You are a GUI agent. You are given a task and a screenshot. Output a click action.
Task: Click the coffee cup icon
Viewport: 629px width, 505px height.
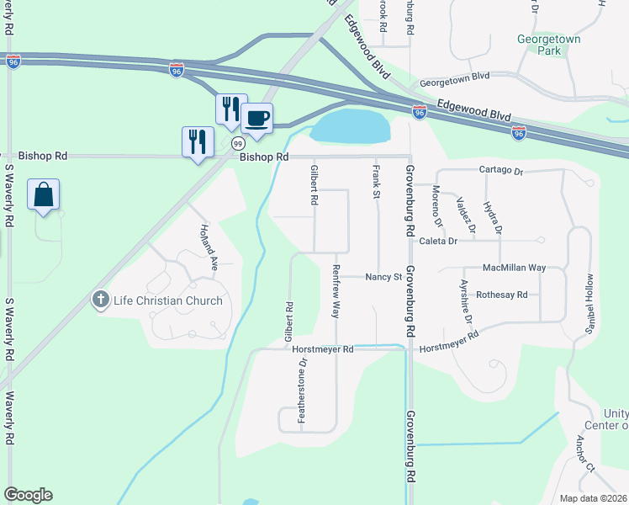[x=257, y=118]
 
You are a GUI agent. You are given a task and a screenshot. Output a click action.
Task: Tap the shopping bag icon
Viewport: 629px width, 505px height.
[x=43, y=194]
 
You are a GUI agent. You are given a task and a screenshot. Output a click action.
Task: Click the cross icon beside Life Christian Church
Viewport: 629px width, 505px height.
[x=100, y=300]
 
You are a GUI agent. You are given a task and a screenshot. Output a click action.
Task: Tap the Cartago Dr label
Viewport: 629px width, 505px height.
[x=501, y=171]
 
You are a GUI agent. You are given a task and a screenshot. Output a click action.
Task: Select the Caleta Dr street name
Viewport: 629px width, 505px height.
[x=441, y=241]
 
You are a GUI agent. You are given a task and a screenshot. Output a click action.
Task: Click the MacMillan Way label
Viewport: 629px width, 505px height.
[x=515, y=268]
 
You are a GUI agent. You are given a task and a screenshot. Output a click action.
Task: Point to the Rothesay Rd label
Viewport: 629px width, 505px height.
[x=501, y=295]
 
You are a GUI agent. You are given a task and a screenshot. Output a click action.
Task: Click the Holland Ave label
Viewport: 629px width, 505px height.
[x=209, y=244]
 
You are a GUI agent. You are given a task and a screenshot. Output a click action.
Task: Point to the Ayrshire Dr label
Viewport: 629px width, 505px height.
[x=466, y=299]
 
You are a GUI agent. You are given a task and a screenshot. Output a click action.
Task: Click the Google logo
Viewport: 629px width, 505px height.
[x=28, y=495]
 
